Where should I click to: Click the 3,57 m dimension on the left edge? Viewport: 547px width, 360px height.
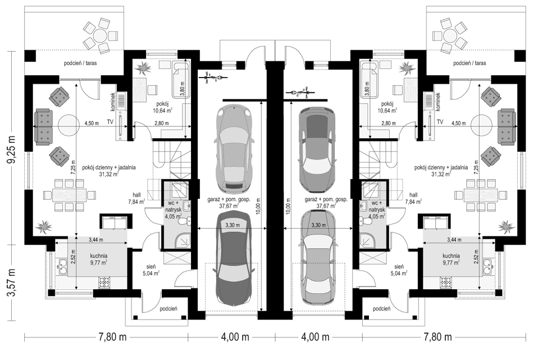pyautogui.click(x=13, y=282)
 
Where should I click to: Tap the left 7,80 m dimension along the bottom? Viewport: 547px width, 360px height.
pyautogui.click(x=112, y=337)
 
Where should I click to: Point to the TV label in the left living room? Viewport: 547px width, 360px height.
pyautogui.click(x=111, y=122)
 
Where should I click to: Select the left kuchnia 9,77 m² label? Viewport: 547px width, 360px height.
pyautogui.click(x=98, y=259)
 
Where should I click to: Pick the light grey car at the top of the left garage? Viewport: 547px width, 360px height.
pyautogui.click(x=233, y=148)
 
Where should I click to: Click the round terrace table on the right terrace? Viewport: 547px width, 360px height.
pyautogui.click(x=449, y=35)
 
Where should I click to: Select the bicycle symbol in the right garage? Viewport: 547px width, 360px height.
pyautogui.click(x=300, y=93)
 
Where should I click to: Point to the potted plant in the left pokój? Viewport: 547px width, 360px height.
pyautogui.click(x=143, y=67)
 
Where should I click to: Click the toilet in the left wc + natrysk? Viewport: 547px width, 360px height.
pyautogui.click(x=185, y=221)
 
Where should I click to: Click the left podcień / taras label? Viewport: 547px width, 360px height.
pyautogui.click(x=80, y=63)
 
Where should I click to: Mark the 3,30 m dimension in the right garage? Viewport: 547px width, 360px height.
pyautogui.click(x=318, y=225)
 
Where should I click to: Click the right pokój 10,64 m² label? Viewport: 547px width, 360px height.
pyautogui.click(x=388, y=107)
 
